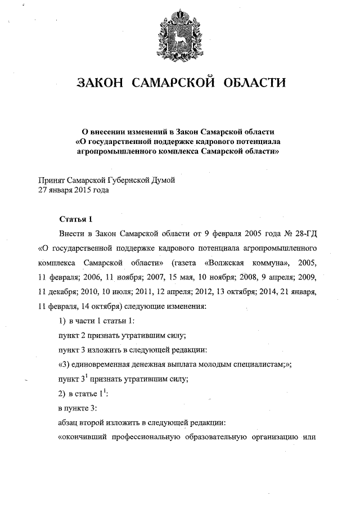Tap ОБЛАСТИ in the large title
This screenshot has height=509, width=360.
tap(254, 84)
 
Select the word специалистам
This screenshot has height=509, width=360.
tap(253, 364)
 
